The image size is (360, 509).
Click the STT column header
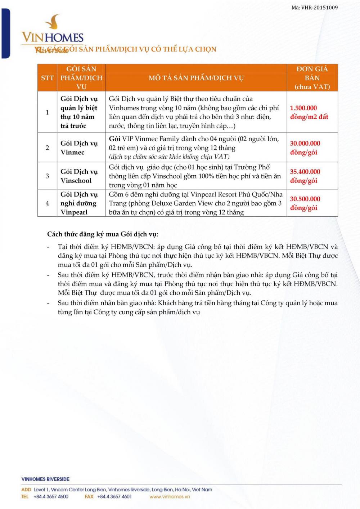tap(47, 78)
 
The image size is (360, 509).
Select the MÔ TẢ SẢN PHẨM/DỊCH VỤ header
tap(196, 78)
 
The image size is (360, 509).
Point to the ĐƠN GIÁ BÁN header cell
tap(312, 78)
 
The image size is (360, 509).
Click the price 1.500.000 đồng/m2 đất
tap(309, 112)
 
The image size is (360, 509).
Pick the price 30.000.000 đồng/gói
tap(305, 148)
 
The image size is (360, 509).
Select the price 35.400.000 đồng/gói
tap(305, 176)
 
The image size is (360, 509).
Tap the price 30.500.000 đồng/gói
tap(305, 203)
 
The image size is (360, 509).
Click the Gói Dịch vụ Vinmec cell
tap(79, 148)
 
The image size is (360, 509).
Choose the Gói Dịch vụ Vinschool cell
tap(79, 176)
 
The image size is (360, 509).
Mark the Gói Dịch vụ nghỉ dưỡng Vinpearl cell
tap(79, 203)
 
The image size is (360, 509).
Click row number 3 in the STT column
tap(47, 176)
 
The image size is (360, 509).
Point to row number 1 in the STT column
tap(47, 112)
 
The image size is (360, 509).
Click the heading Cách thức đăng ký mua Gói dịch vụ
tap(103, 234)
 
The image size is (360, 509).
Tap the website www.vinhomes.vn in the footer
tap(170, 496)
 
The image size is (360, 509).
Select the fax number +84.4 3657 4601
tap(114, 496)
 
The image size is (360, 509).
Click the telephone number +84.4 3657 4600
tap(51, 496)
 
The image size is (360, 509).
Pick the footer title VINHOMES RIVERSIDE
tap(45, 479)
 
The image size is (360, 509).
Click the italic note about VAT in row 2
tap(169, 157)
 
